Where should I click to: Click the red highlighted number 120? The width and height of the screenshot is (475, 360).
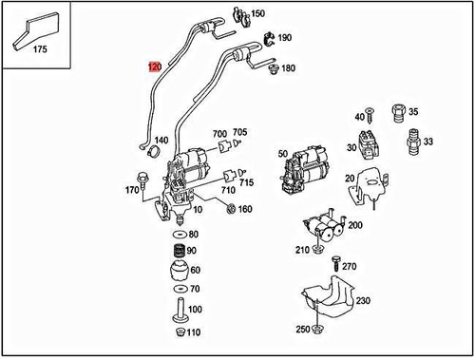(155, 66)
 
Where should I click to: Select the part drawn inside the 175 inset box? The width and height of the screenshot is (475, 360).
(36, 30)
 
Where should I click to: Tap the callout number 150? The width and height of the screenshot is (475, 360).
(257, 13)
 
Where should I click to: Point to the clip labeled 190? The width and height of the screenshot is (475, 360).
(268, 39)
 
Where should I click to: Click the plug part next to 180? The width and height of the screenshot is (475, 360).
(273, 69)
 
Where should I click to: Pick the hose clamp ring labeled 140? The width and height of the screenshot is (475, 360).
(154, 151)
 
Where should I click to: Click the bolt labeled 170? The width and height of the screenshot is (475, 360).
(141, 180)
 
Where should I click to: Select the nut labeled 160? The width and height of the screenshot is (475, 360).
(231, 209)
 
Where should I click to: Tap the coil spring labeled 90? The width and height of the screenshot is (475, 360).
(180, 251)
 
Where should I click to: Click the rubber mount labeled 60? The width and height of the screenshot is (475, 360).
(180, 271)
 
